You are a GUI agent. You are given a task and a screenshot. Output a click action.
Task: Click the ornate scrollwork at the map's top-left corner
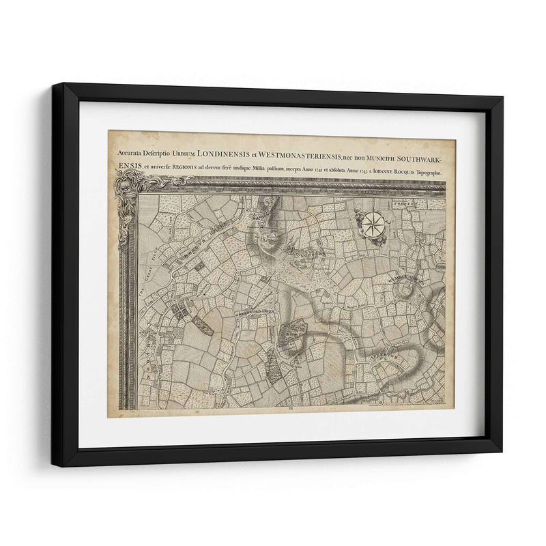[131, 183]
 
